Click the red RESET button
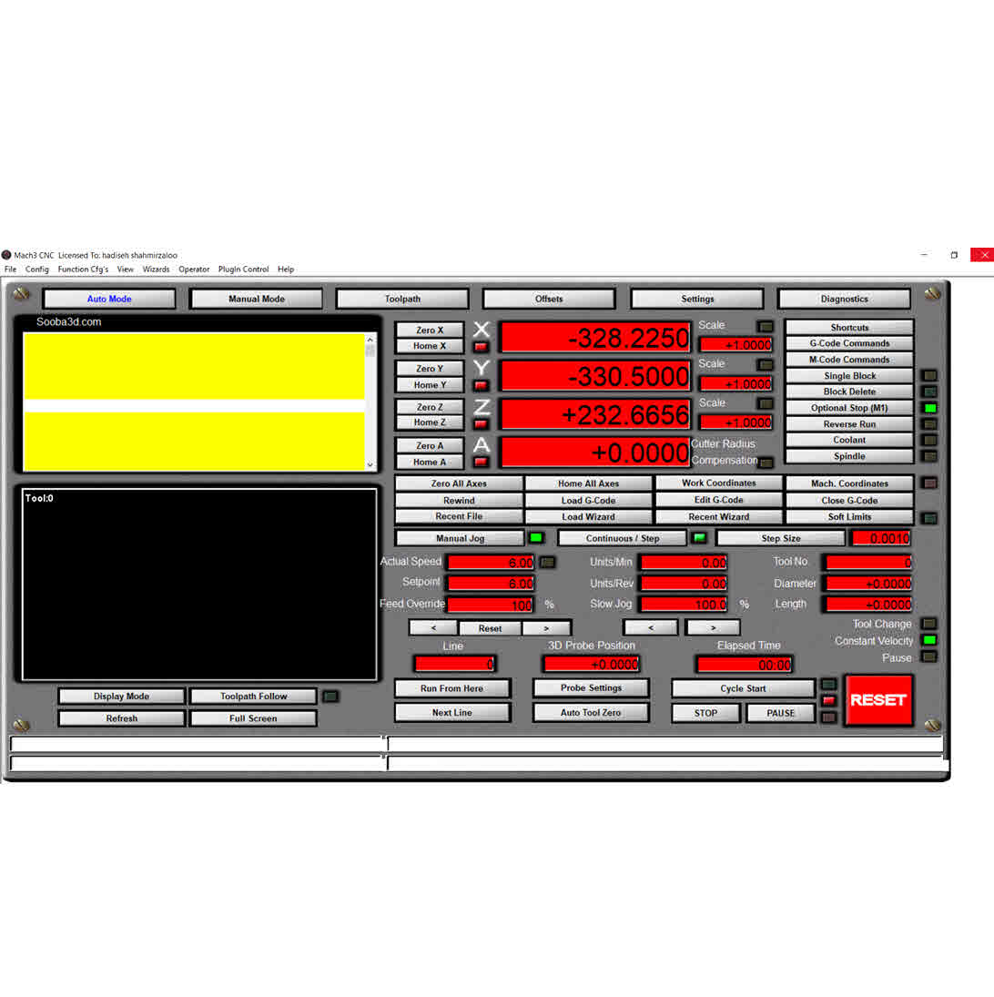tap(878, 700)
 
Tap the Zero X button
tap(430, 330)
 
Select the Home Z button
tap(430, 422)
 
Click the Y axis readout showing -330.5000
tap(595, 376)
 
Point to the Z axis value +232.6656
tap(595, 414)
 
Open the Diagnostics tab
tap(844, 299)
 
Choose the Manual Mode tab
tap(256, 299)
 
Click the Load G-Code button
tap(589, 501)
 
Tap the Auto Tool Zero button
tap(591, 713)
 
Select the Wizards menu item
tap(156, 269)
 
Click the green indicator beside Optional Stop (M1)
tap(930, 408)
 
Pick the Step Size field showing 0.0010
tap(881, 538)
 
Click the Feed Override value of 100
tap(490, 605)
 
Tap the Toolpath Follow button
tap(253, 697)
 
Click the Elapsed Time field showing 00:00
tap(745, 665)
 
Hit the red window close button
tap(982, 255)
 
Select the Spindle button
tap(849, 456)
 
